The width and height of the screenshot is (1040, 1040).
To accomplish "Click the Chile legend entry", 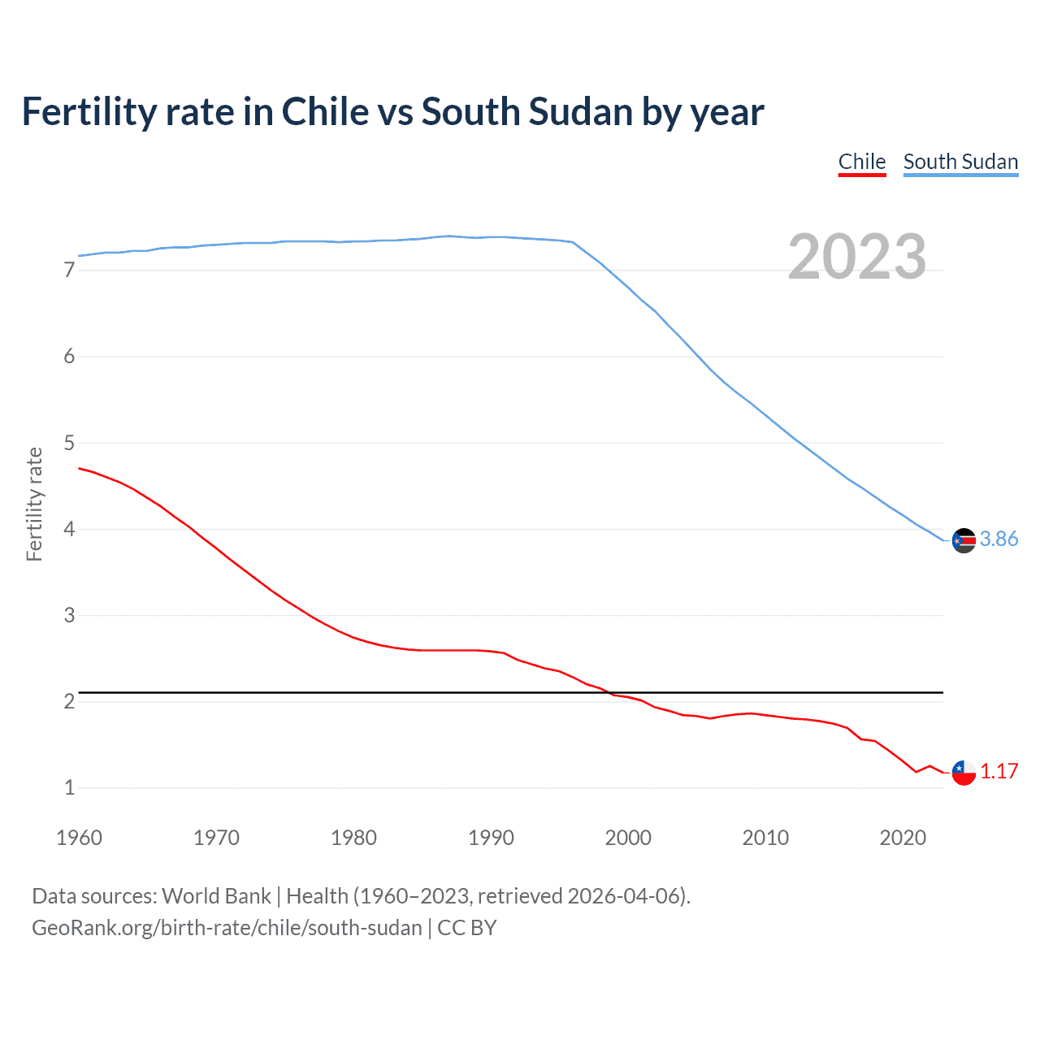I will (861, 162).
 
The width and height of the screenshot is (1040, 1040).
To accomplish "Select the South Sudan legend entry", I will (960, 162).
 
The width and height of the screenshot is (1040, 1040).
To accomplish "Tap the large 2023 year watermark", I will (856, 257).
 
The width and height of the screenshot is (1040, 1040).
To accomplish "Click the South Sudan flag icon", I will (964, 539).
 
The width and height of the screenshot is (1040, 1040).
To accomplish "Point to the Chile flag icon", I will (964, 773).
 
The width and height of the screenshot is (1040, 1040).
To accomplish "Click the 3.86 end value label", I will (999, 539).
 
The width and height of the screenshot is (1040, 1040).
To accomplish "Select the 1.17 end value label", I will (999, 772).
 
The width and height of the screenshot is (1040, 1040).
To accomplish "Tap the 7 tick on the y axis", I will (69, 270).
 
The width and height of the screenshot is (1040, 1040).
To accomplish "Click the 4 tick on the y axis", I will (69, 529).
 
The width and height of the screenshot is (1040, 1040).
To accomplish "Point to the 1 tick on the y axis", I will (69, 787).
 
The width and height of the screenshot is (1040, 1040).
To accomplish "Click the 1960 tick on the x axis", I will (79, 838).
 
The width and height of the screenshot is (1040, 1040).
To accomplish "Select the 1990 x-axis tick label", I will (491, 838).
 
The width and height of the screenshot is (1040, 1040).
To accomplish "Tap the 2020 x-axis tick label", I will (903, 838).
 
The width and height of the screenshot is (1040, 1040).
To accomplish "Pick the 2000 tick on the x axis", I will (628, 838).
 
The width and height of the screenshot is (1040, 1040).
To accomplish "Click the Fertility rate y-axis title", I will (34, 504).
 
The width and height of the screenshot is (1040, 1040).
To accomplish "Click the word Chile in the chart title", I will (325, 112).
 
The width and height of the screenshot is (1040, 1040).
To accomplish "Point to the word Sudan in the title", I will (580, 112).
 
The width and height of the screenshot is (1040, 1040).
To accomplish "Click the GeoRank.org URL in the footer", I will (227, 928).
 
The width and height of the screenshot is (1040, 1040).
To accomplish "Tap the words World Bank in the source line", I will (216, 896).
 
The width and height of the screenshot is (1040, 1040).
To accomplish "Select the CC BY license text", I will (467, 928).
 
